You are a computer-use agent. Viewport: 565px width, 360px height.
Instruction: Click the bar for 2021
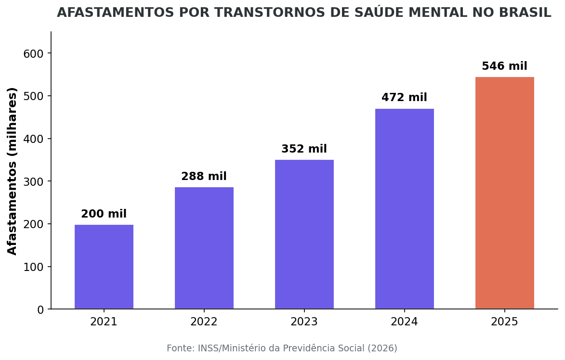tap(104, 267)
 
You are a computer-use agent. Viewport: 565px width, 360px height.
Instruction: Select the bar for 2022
tap(204, 248)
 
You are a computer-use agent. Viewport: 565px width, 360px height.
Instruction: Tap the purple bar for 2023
tap(304, 234)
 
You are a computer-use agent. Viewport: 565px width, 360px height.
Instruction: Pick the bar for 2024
tap(405, 209)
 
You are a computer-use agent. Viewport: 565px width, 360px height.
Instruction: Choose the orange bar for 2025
tap(505, 193)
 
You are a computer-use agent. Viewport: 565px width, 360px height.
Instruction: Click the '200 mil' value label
tap(104, 214)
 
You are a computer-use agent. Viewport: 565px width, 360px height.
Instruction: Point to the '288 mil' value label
tap(204, 177)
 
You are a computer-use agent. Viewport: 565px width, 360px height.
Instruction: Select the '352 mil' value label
tap(304, 149)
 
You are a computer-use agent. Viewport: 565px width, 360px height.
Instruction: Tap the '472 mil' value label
tap(405, 98)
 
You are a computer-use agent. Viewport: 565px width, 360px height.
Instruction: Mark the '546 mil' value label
tap(505, 66)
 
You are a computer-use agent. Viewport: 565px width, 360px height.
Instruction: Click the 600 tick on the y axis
tap(33, 53)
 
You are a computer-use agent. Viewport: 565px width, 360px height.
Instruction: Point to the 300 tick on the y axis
tap(33, 181)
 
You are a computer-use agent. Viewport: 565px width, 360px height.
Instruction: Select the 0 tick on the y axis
tap(40, 309)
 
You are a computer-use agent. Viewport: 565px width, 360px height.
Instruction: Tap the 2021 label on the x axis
tap(104, 322)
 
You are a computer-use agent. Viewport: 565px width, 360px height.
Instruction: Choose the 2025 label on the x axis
tap(505, 322)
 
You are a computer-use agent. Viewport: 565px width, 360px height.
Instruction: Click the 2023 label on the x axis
tap(304, 322)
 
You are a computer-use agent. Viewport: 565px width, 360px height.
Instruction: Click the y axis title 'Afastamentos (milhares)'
tap(13, 171)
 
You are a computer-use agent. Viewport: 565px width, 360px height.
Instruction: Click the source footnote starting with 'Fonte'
tap(282, 348)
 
